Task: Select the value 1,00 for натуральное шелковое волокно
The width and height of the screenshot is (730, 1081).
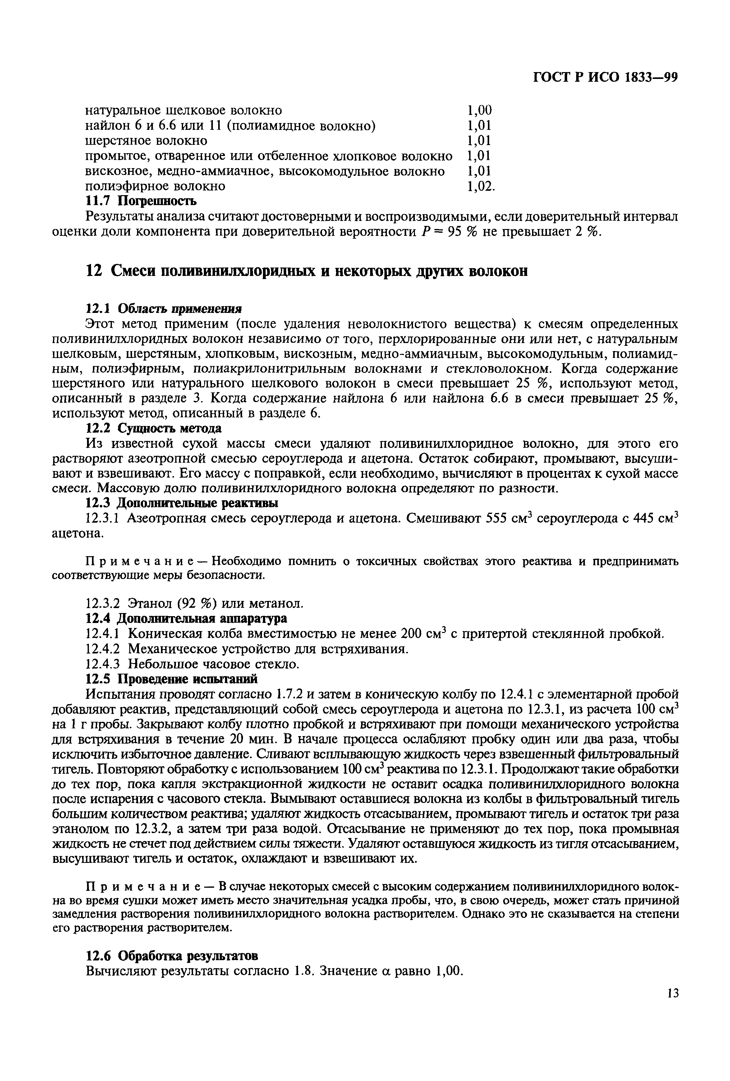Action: pos(479,111)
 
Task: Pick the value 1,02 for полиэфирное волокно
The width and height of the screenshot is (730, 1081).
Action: pos(480,186)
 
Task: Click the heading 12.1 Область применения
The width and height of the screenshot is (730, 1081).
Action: pos(165,309)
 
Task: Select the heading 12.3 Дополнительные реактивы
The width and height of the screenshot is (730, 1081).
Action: pos(182,503)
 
